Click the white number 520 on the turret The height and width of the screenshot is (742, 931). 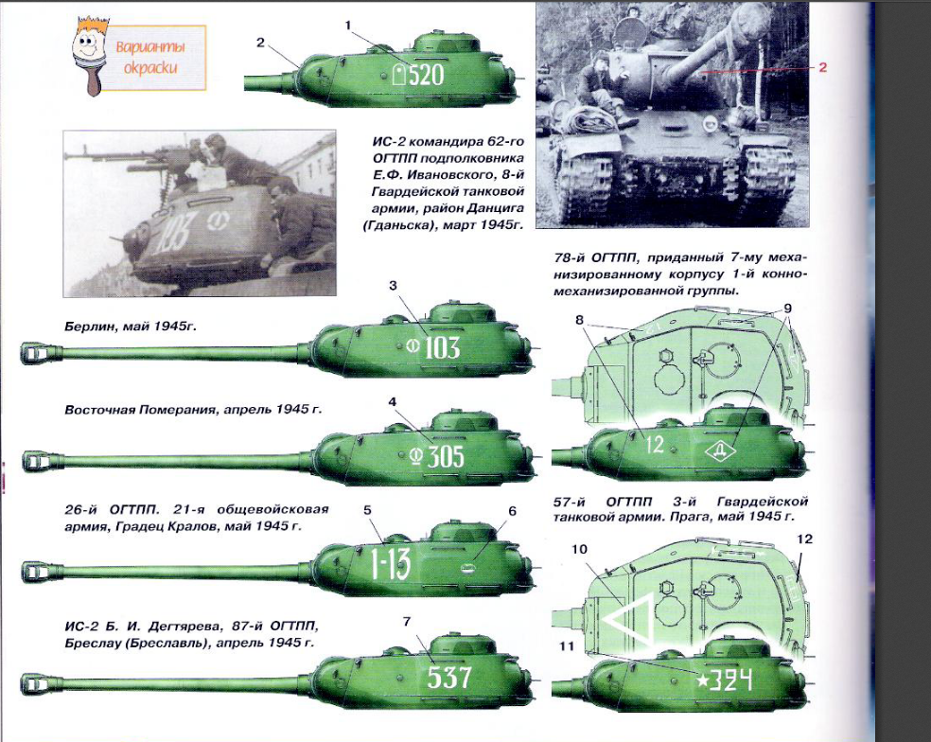coord(427,75)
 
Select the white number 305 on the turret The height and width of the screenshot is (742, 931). coord(446,456)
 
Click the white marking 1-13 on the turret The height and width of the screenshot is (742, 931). coord(391,563)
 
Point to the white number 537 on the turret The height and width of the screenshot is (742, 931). coord(448,677)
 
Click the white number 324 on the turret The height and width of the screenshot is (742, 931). coord(731,680)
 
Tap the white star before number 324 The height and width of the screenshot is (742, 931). coord(702,680)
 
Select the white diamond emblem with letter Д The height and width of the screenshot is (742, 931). coord(720,450)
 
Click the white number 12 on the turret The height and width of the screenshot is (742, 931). coord(655,445)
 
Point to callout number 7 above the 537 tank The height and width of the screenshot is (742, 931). coord(406,622)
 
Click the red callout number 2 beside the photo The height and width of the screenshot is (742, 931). coord(822,67)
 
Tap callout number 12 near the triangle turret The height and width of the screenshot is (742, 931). coord(804,539)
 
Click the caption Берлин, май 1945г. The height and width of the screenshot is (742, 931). coord(131,327)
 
